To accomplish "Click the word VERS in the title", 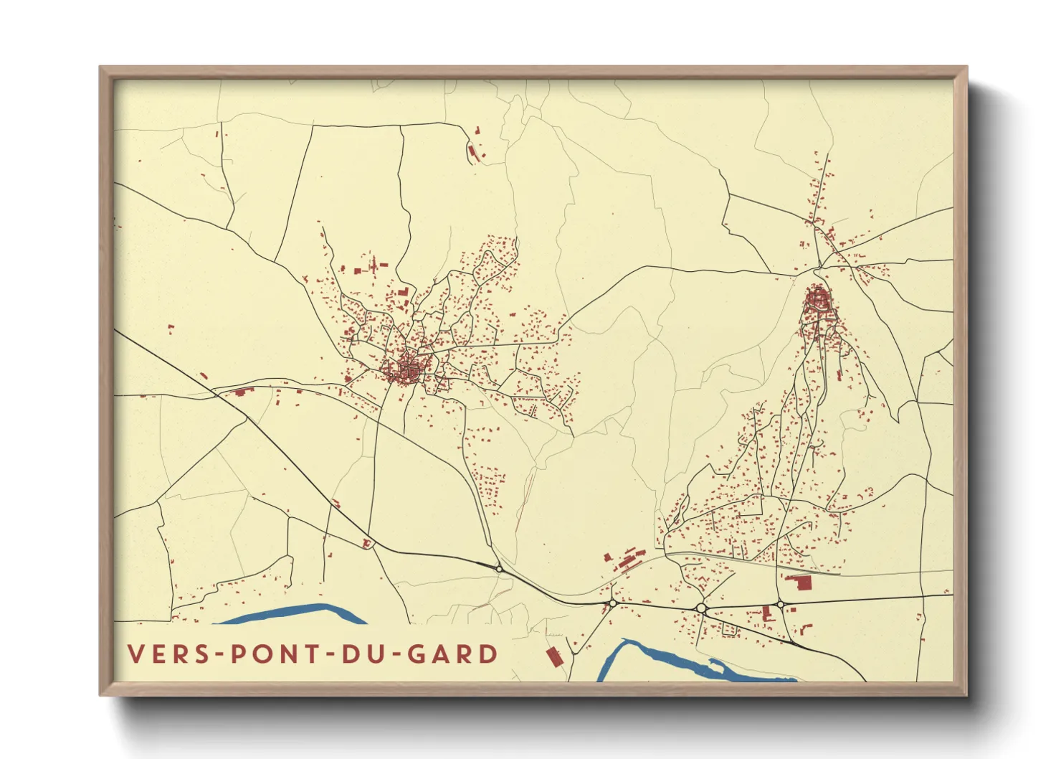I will pos(164,654).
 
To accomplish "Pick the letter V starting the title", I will pos(135,654).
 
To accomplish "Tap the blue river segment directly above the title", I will pos(294,614).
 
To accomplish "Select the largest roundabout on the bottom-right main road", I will pos(701,608).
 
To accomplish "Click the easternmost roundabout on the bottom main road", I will pos(780,605).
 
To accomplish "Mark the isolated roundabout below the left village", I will pos(499,568).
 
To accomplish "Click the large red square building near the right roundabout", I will pos(797,582).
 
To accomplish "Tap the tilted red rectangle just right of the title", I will pos(553,656).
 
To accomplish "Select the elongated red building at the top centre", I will pos(472,153).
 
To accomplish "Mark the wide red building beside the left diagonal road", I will pos(242,392).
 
